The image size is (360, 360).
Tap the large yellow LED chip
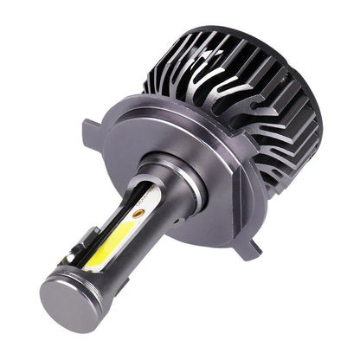[110, 230]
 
